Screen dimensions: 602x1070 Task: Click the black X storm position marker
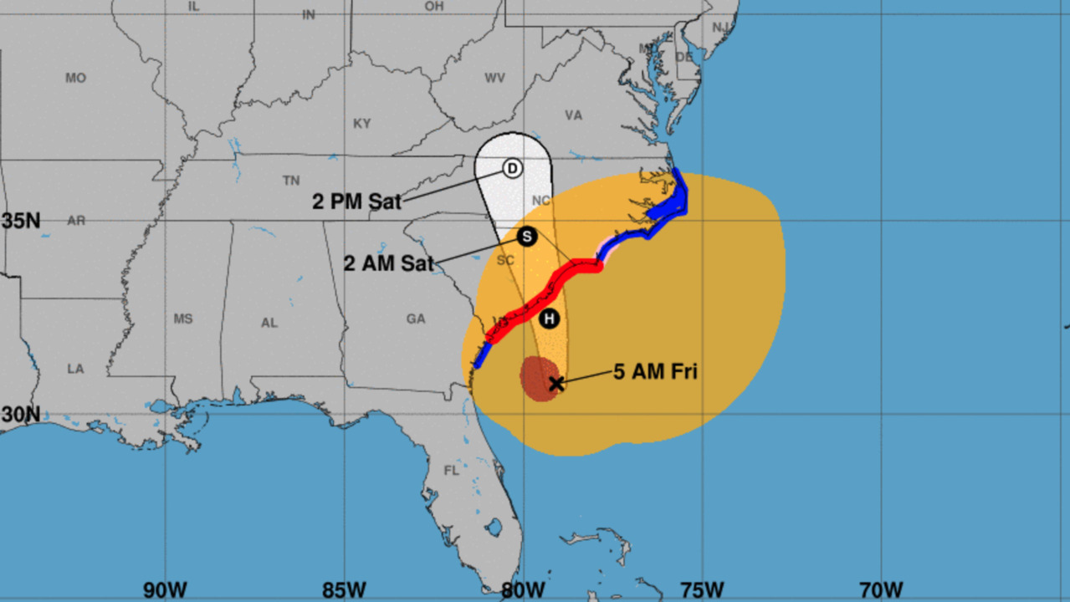point(556,384)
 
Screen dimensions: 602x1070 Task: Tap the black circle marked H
point(549,319)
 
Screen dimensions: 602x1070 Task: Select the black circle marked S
point(526,237)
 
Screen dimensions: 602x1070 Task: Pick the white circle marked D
point(513,168)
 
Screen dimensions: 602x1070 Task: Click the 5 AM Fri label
point(655,372)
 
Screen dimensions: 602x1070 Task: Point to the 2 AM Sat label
point(388,263)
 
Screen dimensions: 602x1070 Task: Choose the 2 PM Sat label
point(357,202)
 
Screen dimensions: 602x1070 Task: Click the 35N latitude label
point(21,221)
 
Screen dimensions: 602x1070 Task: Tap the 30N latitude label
point(21,414)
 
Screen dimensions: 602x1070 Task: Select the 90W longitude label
point(165,590)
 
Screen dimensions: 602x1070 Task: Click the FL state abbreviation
point(452,471)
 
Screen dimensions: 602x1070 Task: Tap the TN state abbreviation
point(291,181)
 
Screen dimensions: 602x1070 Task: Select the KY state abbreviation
point(361,124)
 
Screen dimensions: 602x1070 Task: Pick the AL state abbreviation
point(269,323)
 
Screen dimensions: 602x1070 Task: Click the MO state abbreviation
point(75,79)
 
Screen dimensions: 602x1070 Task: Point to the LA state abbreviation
point(75,369)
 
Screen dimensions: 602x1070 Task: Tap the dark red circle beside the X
point(538,378)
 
